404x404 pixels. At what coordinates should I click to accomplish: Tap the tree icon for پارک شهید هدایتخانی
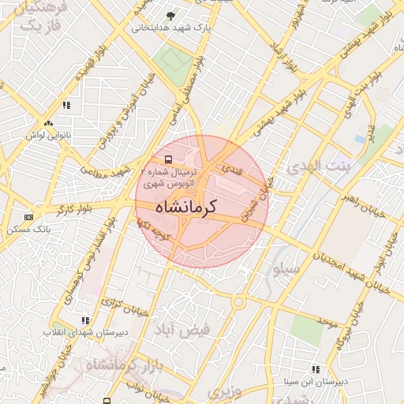(171, 16)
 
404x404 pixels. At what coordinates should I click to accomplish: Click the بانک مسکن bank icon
(29, 217)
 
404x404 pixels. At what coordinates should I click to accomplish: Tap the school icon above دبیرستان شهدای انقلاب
(85, 320)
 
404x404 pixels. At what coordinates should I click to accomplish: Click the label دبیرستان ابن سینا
(316, 381)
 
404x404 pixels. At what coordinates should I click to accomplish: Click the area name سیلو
(287, 268)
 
